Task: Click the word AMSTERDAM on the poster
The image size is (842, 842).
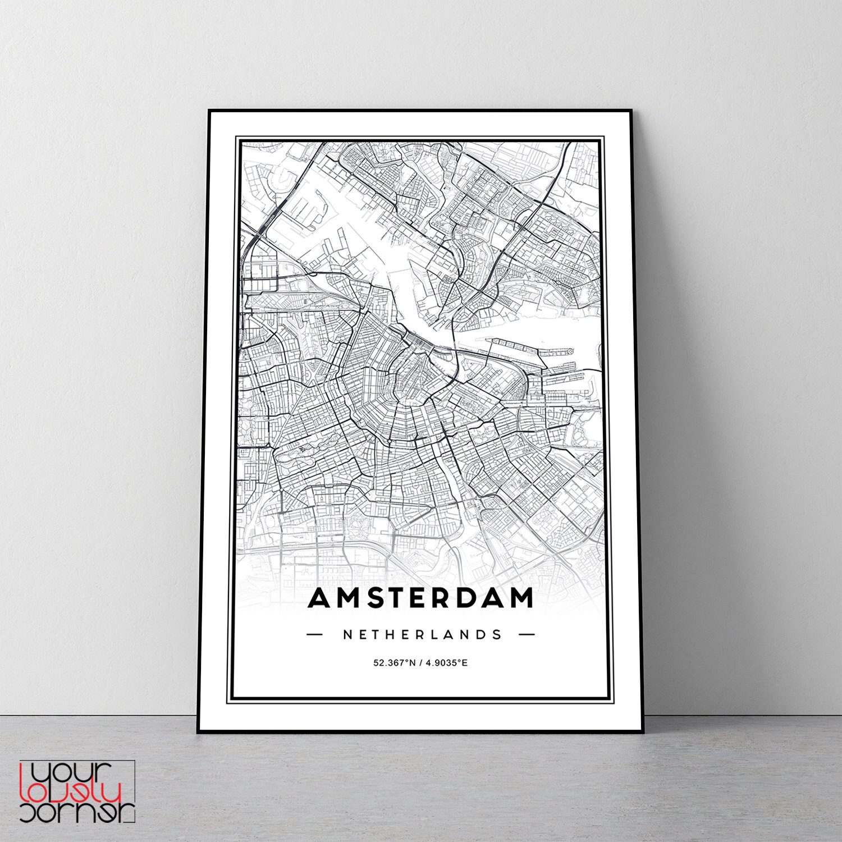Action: (421, 598)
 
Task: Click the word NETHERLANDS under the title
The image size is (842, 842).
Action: (422, 635)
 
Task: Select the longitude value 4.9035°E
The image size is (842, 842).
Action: (447, 663)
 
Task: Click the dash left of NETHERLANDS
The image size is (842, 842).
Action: (315, 635)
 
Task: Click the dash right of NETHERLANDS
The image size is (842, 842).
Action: (527, 635)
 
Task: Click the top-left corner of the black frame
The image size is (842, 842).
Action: (209, 111)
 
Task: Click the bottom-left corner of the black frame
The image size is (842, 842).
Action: (198, 731)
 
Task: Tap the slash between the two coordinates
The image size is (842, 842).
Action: (420, 663)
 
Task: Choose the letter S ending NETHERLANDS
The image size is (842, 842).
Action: (497, 635)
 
